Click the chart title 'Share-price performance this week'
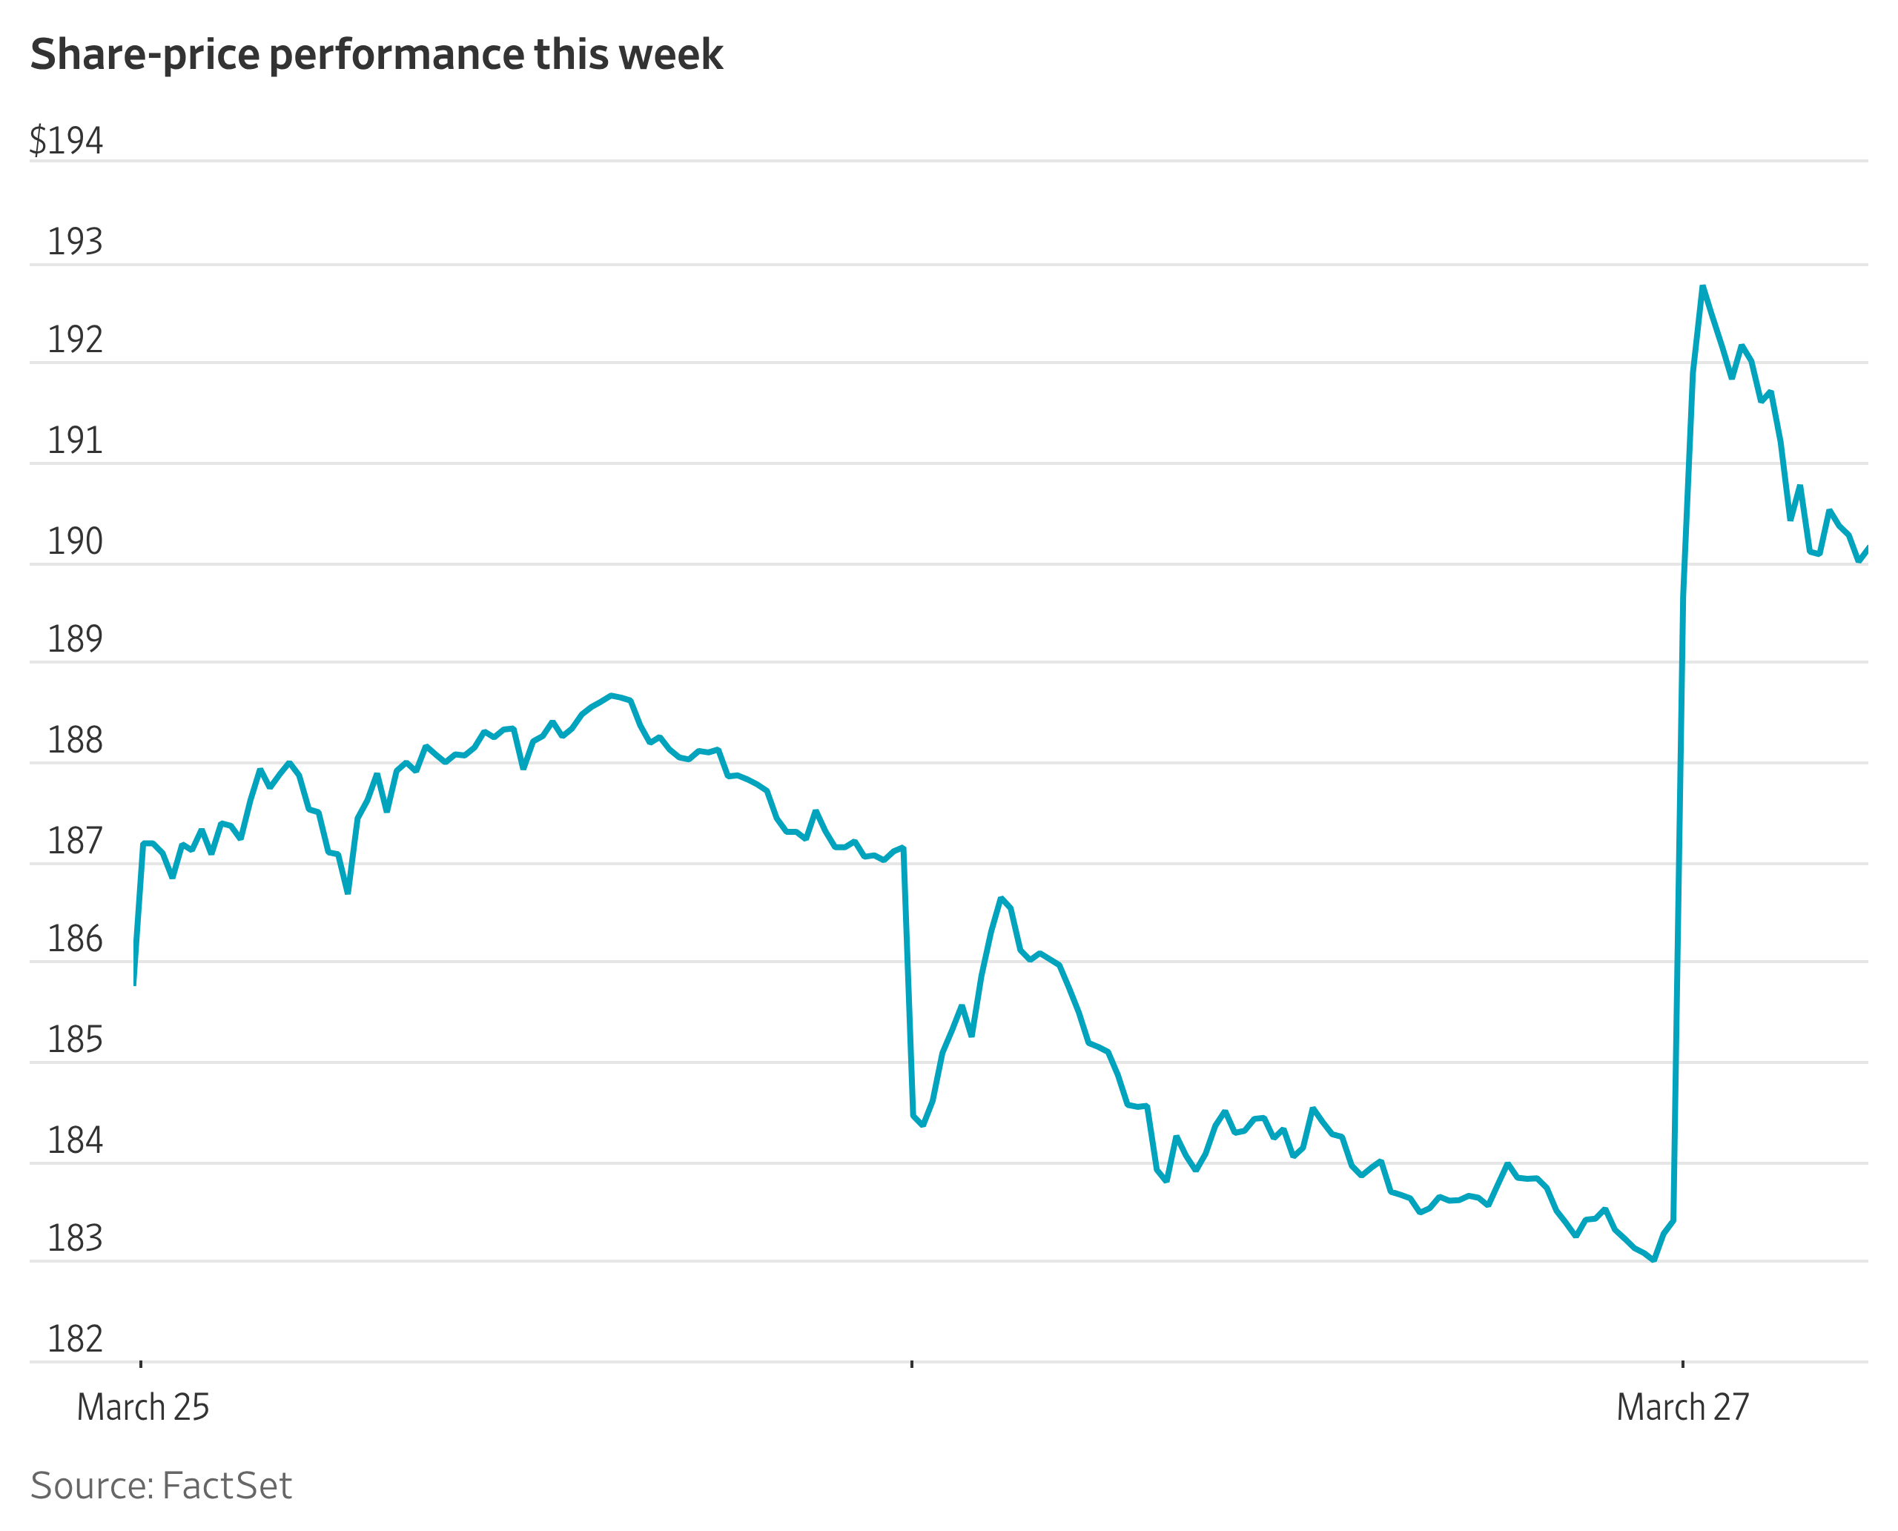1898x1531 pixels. click(x=377, y=55)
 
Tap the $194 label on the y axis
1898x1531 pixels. click(x=66, y=140)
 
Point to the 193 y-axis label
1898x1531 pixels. click(x=75, y=241)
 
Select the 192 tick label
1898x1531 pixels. click(x=75, y=340)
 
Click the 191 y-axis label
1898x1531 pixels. click(x=75, y=440)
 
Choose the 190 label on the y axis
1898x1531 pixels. click(x=75, y=540)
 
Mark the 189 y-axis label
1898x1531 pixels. click(x=75, y=638)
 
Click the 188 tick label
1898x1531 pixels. click(x=75, y=739)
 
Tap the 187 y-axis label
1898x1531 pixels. click(x=75, y=841)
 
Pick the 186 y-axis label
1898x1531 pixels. click(x=75, y=939)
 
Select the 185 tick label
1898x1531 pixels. click(x=75, y=1039)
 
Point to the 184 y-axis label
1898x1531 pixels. click(x=75, y=1140)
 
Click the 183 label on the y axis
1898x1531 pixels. click(x=75, y=1238)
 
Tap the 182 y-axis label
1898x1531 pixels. click(x=75, y=1339)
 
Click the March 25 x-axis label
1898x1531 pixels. click(x=143, y=1407)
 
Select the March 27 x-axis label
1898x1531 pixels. click(x=1683, y=1407)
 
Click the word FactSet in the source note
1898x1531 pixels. click(x=227, y=1486)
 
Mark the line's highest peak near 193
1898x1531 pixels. click(x=1703, y=287)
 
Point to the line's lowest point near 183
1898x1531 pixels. click(x=1653, y=1260)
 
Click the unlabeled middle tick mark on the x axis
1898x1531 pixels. click(x=912, y=1363)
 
